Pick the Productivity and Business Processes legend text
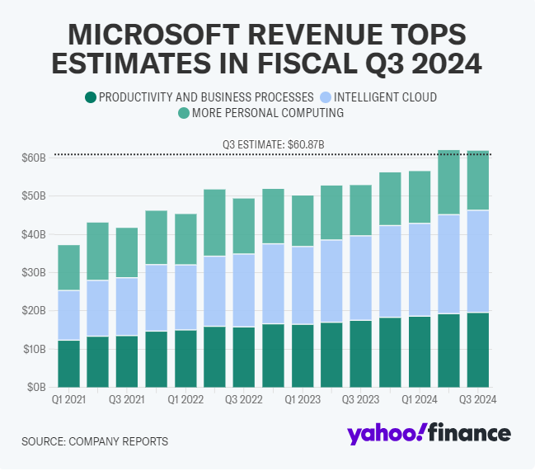point(206,97)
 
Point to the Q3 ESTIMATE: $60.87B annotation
point(273,144)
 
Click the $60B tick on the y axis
point(34,158)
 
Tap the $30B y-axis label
point(34,272)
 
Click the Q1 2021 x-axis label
point(68,399)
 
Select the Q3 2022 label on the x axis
point(244,399)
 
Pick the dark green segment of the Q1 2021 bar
point(68,363)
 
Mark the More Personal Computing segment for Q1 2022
point(185,239)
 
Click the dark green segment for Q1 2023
point(303,356)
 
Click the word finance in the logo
point(468,433)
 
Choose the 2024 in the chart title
point(443,64)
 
